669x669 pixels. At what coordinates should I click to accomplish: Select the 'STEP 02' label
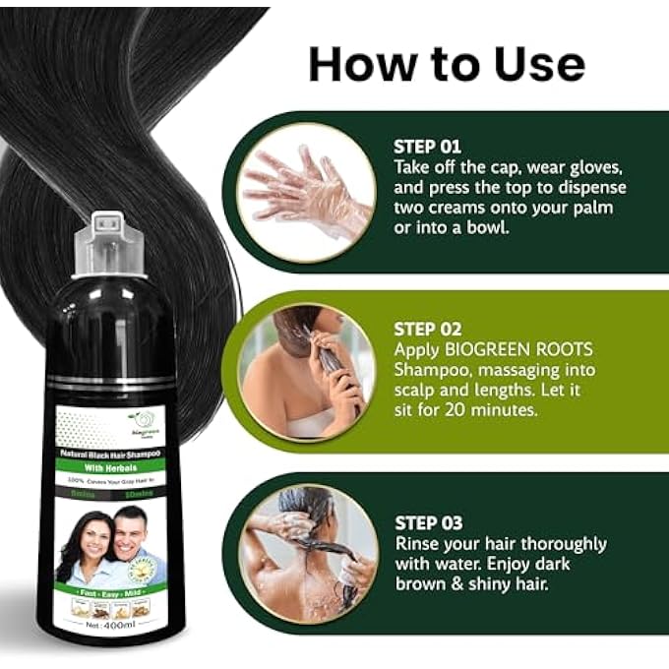tap(428, 329)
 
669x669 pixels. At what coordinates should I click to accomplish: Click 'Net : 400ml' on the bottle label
tap(111, 624)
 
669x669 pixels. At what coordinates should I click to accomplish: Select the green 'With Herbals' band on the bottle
tap(110, 468)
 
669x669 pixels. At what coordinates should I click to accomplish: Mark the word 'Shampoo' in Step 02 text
tap(435, 369)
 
